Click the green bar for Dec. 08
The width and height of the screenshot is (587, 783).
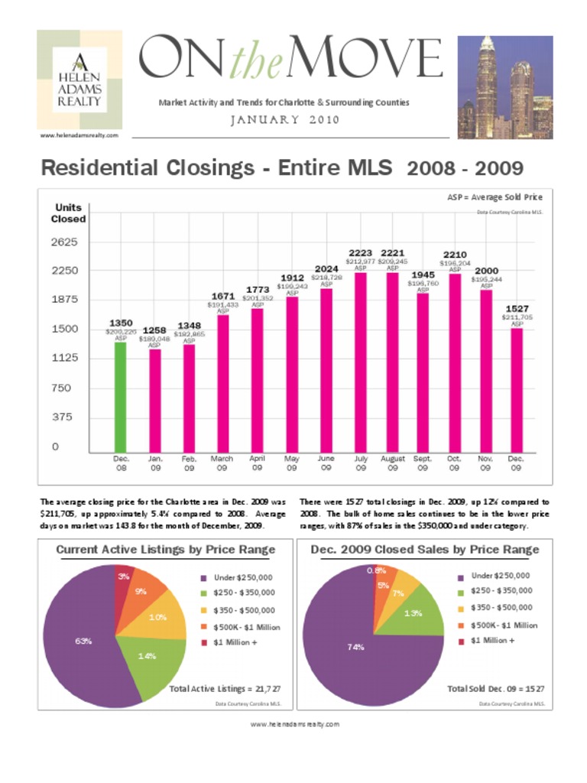pos(120,396)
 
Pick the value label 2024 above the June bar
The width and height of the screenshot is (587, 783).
pos(326,268)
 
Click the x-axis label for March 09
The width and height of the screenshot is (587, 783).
pos(222,463)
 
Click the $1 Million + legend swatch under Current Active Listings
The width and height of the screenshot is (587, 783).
pos(204,643)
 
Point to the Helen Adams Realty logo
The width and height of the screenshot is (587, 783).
pos(79,80)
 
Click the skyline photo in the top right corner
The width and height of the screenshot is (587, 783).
pos(504,87)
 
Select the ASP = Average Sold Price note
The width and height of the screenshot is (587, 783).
pos(495,197)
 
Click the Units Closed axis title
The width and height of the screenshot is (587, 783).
pos(69,213)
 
